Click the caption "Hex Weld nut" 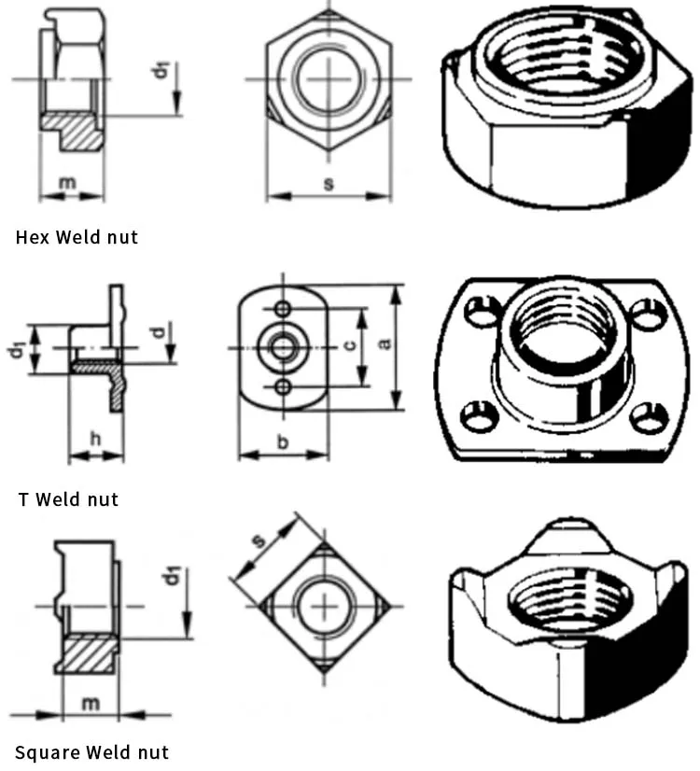(x=77, y=237)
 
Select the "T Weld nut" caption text (x=68, y=499)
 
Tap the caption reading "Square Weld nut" (x=91, y=751)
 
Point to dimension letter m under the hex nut (x=67, y=183)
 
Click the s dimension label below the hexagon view (x=329, y=184)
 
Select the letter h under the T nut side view (x=95, y=438)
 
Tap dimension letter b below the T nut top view (x=283, y=441)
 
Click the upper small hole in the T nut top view (x=282, y=309)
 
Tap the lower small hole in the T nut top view (x=282, y=385)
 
